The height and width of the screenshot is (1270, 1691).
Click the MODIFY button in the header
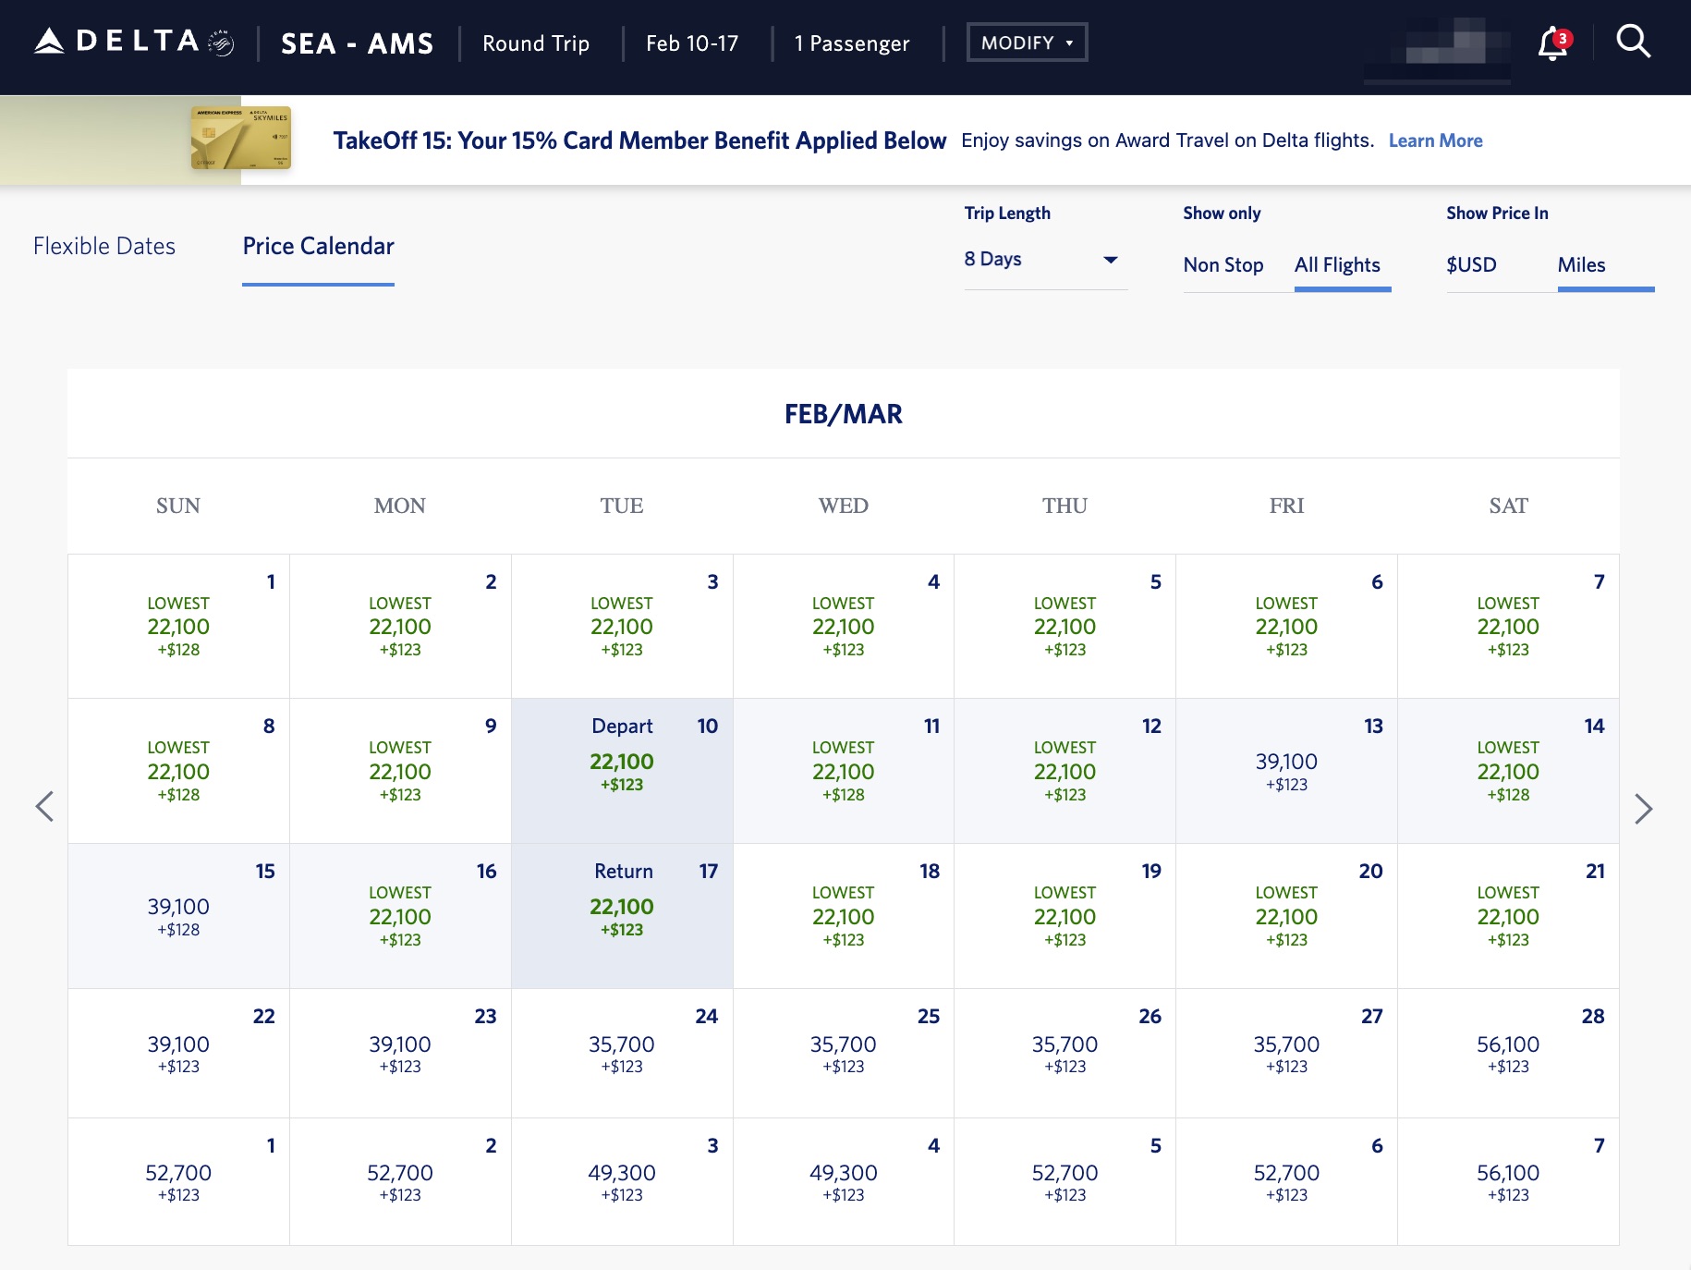click(1027, 43)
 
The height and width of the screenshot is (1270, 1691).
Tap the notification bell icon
click(1552, 43)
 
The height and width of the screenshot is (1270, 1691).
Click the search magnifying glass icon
click(1633, 42)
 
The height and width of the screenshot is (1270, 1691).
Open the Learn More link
click(1435, 140)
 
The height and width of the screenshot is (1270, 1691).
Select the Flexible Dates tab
click(104, 246)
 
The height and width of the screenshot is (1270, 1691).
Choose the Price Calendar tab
click(318, 246)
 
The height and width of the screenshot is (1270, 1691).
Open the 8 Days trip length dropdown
click(1044, 260)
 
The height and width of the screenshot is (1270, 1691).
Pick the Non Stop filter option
click(1223, 265)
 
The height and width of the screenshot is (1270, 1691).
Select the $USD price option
click(1471, 265)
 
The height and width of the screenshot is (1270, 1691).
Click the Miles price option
click(1581, 265)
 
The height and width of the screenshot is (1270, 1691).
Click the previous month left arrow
click(44, 807)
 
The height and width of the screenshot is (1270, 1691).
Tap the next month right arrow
click(1643, 809)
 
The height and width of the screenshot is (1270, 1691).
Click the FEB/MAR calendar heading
click(843, 414)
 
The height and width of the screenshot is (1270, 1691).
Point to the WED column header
click(843, 506)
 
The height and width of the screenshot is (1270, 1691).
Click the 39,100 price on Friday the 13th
click(1286, 762)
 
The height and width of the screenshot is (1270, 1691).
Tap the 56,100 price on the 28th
click(1508, 1044)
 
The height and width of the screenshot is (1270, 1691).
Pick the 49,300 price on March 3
click(622, 1173)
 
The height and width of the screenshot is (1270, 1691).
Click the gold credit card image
click(240, 139)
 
